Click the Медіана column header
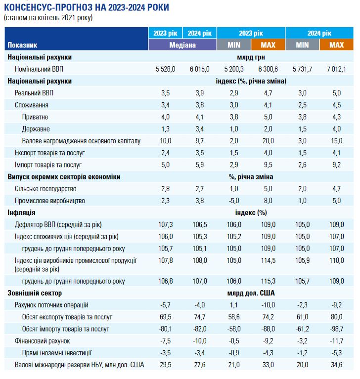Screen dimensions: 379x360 [x=182, y=45]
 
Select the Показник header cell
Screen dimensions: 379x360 [x=22, y=45]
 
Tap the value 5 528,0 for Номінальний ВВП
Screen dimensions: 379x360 [x=165, y=69]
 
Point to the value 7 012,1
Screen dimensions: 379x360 [x=336, y=69]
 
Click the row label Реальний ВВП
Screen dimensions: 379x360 [x=32, y=93]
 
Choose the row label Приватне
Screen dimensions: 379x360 [x=36, y=117]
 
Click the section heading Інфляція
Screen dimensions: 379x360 [x=21, y=212]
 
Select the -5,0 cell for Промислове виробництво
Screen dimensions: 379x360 [x=234, y=201]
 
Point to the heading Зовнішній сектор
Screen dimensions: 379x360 [x=32, y=293]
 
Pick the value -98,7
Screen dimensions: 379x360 [x=336, y=329]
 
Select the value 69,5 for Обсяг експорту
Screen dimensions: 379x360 [x=166, y=317]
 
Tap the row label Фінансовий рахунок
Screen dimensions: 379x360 [x=42, y=341]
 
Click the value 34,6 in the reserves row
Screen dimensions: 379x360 [x=336, y=365]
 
